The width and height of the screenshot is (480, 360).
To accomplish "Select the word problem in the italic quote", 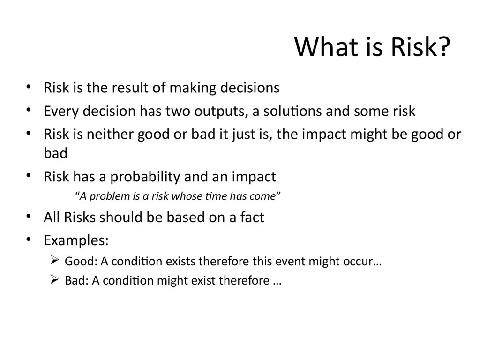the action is (x=110, y=196).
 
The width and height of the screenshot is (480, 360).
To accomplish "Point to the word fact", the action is (x=252, y=217).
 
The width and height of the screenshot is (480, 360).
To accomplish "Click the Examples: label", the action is (x=76, y=240).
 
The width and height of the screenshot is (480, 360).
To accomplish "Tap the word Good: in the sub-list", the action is (x=81, y=261).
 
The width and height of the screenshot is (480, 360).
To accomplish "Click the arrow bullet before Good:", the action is (x=54, y=260).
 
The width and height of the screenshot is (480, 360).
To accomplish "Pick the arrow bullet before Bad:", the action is (x=54, y=279).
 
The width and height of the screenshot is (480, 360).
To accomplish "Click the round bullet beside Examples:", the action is (x=29, y=239).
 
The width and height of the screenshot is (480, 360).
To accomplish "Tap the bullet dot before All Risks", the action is (x=29, y=216).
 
